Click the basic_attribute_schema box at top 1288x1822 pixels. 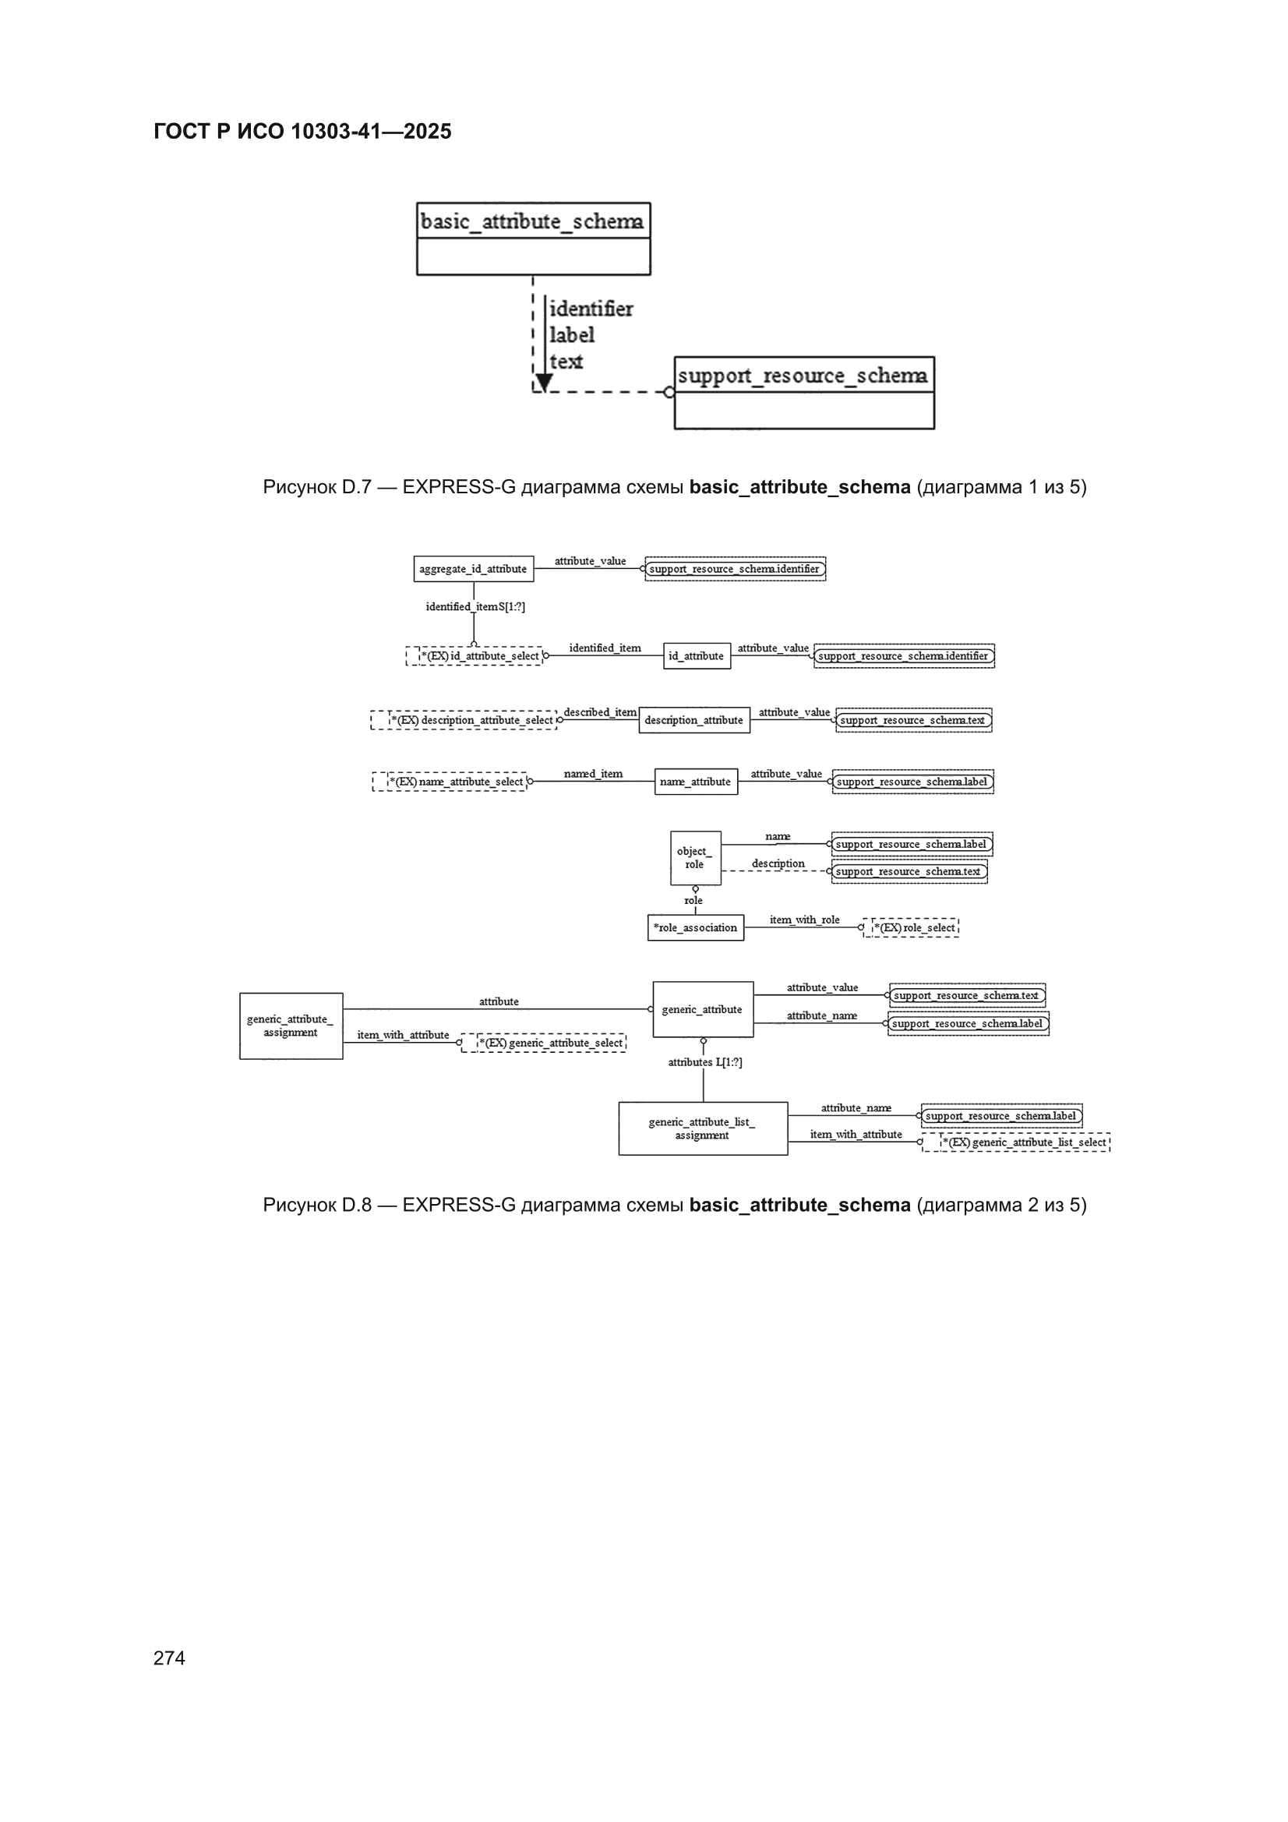[x=533, y=239]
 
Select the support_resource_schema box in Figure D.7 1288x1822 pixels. [x=804, y=393]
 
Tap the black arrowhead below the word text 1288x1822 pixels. [x=545, y=383]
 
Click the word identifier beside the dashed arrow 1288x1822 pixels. [x=591, y=309]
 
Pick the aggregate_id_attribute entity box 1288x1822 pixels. [x=474, y=569]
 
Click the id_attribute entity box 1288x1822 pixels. [x=697, y=656]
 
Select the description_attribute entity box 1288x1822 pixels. [x=694, y=720]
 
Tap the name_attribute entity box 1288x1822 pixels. [x=696, y=782]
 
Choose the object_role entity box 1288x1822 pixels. [x=695, y=858]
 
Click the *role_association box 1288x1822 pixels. [x=696, y=927]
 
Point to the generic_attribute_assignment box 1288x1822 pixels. [x=291, y=1026]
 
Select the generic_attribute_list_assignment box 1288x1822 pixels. [x=703, y=1128]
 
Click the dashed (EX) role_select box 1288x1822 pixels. [x=911, y=927]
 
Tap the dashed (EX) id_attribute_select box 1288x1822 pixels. [x=475, y=656]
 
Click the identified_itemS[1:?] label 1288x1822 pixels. [x=475, y=607]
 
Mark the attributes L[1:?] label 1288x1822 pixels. [x=704, y=1061]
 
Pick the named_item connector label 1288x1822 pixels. [x=593, y=774]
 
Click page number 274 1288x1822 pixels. [x=169, y=1658]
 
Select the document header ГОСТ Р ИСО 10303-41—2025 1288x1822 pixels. [x=302, y=131]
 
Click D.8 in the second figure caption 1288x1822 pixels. [x=356, y=1205]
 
